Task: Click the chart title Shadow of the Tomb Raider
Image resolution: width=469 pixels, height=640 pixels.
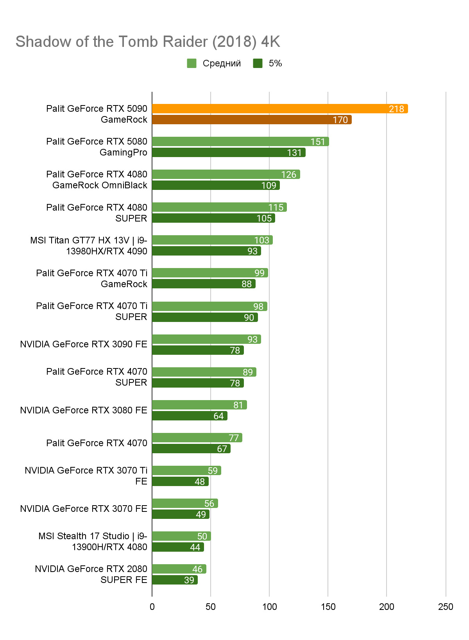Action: point(148,42)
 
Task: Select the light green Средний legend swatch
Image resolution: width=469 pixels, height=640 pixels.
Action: point(192,63)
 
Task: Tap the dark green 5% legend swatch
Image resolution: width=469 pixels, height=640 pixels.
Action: point(258,63)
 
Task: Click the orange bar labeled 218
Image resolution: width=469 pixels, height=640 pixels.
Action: point(279,109)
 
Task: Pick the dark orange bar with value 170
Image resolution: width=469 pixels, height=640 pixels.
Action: point(251,120)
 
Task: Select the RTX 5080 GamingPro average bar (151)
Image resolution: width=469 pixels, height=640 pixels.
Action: point(240,141)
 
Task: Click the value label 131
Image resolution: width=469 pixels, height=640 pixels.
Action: point(294,153)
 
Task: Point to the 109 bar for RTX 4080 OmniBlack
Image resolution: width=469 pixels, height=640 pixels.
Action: point(215,185)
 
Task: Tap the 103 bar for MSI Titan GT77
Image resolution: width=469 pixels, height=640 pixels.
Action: point(212,240)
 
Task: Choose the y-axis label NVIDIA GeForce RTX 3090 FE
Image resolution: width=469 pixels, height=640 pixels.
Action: point(84,344)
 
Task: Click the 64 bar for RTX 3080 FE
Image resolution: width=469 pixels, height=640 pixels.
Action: point(189,416)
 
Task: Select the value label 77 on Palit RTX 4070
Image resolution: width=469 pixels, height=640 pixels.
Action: point(234,438)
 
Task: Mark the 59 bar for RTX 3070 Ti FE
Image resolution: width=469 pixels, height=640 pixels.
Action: point(186,470)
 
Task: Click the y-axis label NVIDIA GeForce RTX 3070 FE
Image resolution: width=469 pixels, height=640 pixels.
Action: point(84,509)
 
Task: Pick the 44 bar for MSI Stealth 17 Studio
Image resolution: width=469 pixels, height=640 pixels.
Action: point(177,547)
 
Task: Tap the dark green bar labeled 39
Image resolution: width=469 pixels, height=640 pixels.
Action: point(174,580)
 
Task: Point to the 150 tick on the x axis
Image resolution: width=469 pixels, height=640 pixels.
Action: point(328,607)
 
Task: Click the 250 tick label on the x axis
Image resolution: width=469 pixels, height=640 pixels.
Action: point(446,607)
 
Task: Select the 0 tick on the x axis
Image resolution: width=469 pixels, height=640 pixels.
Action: point(152,607)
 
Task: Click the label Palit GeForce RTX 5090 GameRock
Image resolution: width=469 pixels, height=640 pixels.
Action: point(97,114)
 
